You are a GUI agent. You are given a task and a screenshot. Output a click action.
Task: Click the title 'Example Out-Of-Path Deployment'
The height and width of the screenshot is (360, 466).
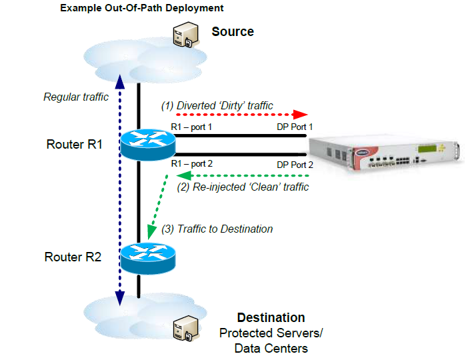click(141, 9)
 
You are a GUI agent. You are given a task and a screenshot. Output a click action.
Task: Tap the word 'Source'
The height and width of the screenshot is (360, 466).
click(233, 31)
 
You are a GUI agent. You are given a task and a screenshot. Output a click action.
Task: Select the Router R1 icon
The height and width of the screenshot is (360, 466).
click(147, 143)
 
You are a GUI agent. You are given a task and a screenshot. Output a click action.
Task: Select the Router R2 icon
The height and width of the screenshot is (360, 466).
click(147, 257)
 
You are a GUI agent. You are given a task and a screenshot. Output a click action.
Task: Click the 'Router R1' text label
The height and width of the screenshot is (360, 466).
click(74, 144)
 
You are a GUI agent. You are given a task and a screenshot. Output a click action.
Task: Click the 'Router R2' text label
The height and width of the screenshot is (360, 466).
click(73, 257)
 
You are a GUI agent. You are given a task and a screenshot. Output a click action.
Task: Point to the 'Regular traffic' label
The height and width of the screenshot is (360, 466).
click(76, 97)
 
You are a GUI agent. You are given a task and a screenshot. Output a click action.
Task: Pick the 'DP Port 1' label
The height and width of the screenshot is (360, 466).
click(296, 126)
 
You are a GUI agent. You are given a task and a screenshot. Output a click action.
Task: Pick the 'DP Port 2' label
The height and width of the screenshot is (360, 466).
click(296, 163)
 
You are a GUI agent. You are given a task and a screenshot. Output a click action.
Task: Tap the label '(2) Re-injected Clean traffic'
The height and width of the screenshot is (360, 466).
click(243, 187)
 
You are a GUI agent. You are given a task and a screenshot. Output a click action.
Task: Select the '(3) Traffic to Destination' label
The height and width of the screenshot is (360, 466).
click(217, 229)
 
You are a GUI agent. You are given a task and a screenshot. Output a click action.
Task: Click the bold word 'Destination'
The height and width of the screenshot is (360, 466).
click(271, 317)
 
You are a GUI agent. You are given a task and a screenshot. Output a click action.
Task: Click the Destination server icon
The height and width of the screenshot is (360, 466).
click(183, 328)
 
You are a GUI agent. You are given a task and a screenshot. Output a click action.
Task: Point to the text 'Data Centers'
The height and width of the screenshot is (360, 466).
click(271, 348)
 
